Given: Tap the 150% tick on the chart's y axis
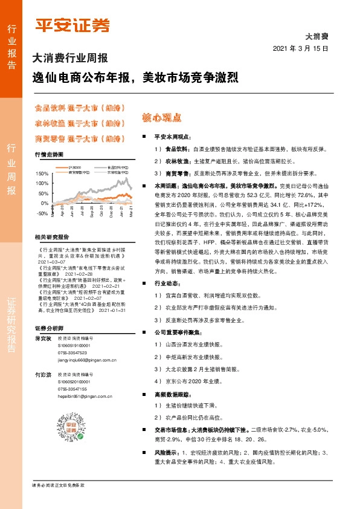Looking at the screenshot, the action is tap(42, 173).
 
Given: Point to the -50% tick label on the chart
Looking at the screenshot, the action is tap(42, 214).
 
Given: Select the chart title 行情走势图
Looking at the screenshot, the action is tap(48, 155).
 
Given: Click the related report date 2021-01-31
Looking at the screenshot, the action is tap(112, 294).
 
